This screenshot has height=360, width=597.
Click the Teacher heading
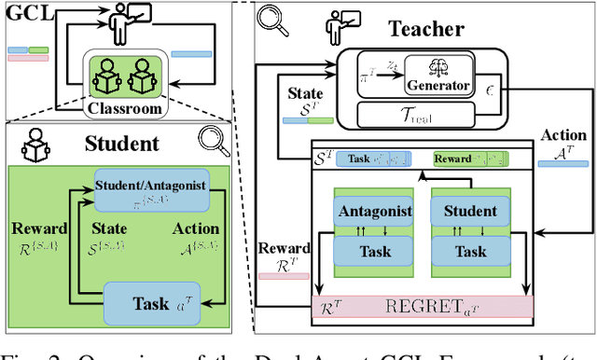426,29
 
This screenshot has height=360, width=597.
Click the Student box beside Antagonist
470,211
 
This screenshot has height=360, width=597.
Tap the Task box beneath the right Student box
470,251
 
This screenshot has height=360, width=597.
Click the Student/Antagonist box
151,188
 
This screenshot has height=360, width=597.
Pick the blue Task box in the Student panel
151,301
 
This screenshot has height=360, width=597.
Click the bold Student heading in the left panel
121,144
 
